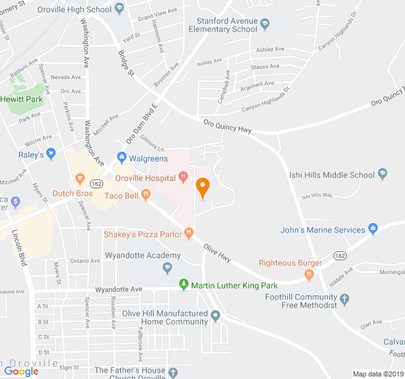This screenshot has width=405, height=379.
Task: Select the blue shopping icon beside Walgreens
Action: pos(121,157)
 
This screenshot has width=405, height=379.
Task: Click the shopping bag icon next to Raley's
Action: pos(52,153)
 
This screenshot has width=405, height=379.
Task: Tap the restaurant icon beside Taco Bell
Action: pos(146,196)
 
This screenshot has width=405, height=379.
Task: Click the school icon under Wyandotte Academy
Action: pos(167,268)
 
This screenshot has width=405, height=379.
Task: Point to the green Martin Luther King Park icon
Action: pos(184,285)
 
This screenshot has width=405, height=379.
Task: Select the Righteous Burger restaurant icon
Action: pos(309,275)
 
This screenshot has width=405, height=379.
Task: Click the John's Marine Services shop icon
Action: pos(373,229)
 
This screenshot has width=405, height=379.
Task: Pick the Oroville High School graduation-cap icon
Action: pos(120,9)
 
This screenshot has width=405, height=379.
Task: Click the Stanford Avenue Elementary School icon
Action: pos(265,25)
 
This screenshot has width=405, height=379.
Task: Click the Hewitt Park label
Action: pos(21,99)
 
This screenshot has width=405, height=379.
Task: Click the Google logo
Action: pos(21,371)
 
